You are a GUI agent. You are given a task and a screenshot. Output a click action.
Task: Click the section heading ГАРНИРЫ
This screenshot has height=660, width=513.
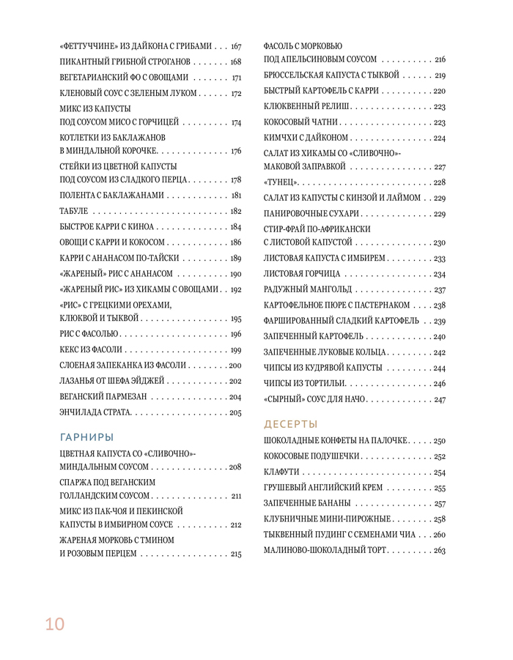[x=86, y=437]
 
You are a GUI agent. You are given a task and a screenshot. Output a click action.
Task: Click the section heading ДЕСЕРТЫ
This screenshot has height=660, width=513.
[x=291, y=424]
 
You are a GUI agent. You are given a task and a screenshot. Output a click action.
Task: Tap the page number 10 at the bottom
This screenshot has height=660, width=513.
[x=54, y=624]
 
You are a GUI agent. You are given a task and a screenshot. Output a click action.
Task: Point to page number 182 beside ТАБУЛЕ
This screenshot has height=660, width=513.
[x=235, y=211]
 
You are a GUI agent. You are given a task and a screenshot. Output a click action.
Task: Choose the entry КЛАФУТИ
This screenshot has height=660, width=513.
[x=283, y=472]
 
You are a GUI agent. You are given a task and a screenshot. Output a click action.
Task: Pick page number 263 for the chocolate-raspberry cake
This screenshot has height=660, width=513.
[x=439, y=550]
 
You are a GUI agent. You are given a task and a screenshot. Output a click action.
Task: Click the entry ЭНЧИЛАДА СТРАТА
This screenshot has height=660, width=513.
[x=95, y=412]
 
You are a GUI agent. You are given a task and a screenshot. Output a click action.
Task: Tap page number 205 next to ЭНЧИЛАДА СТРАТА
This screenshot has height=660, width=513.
[x=235, y=412]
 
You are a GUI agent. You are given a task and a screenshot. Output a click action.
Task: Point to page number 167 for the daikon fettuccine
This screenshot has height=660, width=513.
[x=235, y=46]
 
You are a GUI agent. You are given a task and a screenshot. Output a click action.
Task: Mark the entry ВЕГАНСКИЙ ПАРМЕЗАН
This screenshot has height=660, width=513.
[x=103, y=396]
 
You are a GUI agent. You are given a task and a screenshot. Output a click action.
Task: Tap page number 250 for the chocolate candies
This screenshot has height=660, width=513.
[x=439, y=441]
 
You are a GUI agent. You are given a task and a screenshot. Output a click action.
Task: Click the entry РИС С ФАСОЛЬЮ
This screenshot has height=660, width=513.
[x=87, y=334]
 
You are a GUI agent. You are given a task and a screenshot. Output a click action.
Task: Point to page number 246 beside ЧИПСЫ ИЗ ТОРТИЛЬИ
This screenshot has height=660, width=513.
[x=439, y=384]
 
